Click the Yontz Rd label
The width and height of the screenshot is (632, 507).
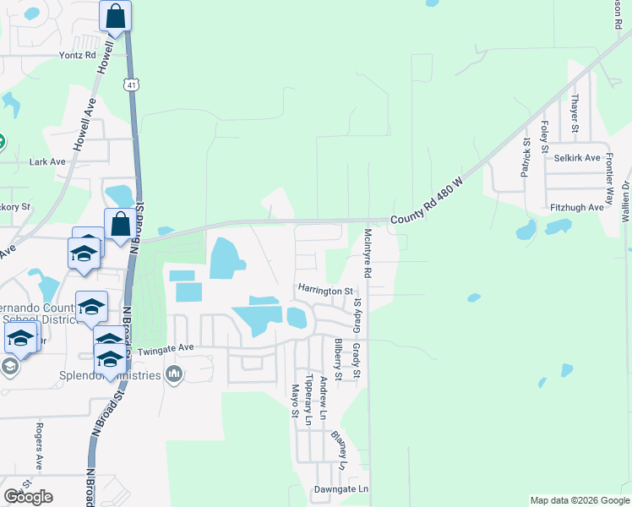pos(77,55)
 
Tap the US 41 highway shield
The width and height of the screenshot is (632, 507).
pos(130,84)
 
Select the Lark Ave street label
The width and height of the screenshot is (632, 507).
pos(47,161)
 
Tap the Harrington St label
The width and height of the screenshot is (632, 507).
pos(325,290)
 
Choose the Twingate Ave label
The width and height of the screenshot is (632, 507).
pos(166,347)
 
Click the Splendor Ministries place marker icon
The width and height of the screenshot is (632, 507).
pos(174,374)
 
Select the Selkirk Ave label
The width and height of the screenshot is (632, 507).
pos(577,158)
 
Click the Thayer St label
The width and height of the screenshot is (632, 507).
pos(575,113)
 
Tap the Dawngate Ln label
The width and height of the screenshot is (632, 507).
pos(341,489)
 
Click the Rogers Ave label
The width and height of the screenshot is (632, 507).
pos(39,446)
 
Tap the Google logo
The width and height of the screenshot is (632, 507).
pos(28,497)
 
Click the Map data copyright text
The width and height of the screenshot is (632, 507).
pos(579,500)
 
